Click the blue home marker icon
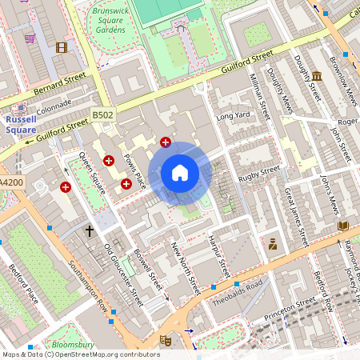coord(180,173)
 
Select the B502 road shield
coord(102,116)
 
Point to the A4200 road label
coord(10,182)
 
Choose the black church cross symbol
coord(90,230)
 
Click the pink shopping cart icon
coord(30,38)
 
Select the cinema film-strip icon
coord(62,46)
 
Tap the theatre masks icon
coord(166,339)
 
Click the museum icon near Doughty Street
coord(318,77)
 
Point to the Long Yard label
coord(234,117)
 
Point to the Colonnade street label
coord(54,103)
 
